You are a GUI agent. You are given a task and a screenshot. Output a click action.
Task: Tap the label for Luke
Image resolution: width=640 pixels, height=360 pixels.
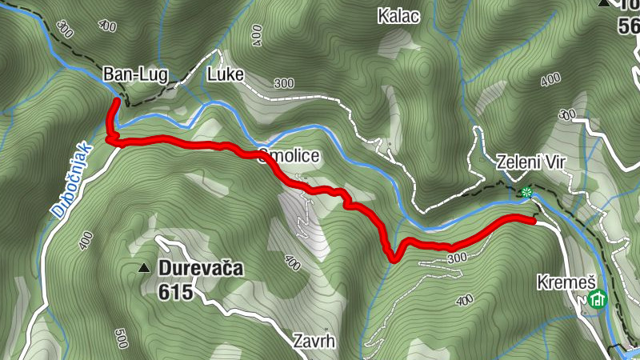point(224,76)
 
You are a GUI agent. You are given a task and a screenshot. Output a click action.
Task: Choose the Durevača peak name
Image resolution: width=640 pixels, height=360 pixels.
point(200,268)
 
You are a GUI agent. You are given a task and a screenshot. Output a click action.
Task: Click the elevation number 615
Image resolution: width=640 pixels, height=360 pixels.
point(176,292)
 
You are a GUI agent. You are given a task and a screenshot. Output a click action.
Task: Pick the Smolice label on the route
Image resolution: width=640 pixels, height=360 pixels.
point(290,156)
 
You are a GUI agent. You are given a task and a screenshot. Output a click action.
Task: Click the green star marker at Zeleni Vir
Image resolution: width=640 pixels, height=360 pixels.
point(526,192)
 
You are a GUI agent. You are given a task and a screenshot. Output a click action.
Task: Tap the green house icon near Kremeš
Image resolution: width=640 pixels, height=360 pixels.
point(597,300)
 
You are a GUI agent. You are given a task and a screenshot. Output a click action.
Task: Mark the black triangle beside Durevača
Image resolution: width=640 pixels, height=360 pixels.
point(145,268)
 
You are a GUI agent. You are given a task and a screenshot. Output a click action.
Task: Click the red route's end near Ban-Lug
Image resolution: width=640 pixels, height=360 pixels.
point(117,102)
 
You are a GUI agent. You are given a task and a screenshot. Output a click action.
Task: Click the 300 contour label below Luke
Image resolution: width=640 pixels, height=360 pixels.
point(283,83)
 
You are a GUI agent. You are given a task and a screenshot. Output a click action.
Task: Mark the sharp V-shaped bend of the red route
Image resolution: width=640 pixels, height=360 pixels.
point(393,258)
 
